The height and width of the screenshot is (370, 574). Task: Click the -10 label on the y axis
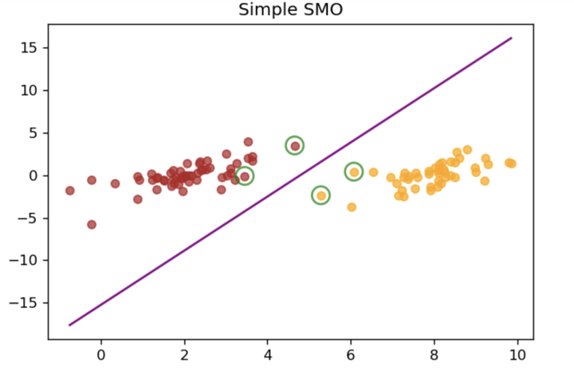click(x=26, y=260)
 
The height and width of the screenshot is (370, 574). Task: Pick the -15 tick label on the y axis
click(x=26, y=303)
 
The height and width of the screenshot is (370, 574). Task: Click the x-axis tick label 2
click(x=184, y=354)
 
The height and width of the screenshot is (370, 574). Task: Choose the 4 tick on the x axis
click(x=268, y=354)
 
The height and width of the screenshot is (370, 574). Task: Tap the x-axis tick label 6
click(x=351, y=354)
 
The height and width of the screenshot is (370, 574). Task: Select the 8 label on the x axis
click(x=434, y=354)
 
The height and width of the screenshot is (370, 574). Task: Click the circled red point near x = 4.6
click(x=295, y=146)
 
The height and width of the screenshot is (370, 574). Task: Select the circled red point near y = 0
click(x=245, y=176)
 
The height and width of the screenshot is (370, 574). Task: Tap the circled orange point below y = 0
click(x=320, y=195)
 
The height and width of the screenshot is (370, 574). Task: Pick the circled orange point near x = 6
click(x=354, y=172)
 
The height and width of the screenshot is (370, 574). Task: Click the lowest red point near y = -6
click(x=92, y=225)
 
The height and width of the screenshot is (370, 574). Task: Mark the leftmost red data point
click(x=70, y=191)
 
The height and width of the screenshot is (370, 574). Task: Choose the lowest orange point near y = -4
click(x=352, y=207)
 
